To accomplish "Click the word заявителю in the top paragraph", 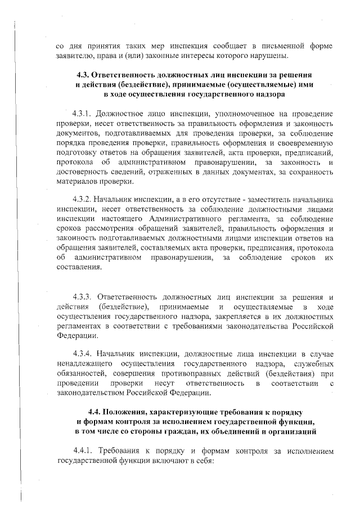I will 76,56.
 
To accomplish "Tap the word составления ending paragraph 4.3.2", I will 79,268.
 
